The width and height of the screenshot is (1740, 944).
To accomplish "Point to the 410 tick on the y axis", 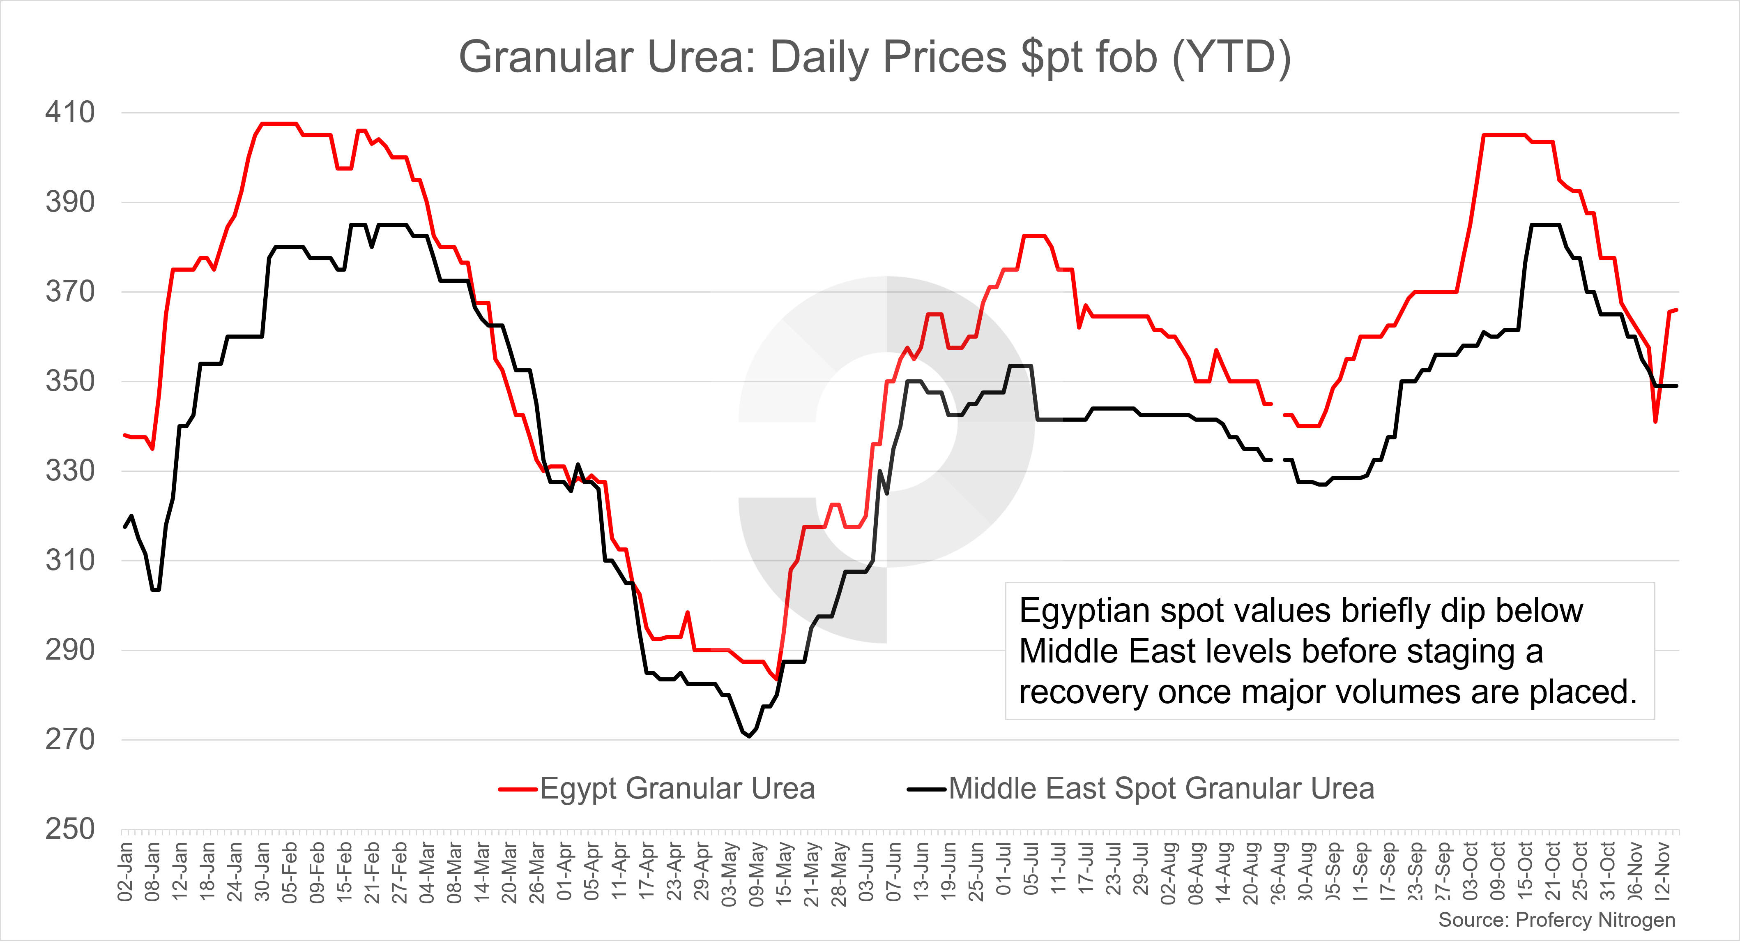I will (69, 112).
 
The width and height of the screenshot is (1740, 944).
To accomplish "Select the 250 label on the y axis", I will (69, 829).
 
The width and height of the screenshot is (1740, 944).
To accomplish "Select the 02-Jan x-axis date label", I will (126, 872).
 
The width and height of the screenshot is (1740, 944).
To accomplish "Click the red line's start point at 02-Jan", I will (124, 435).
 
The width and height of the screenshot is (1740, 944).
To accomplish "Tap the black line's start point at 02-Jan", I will (124, 527).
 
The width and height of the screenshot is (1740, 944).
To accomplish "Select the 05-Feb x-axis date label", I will (290, 872).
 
